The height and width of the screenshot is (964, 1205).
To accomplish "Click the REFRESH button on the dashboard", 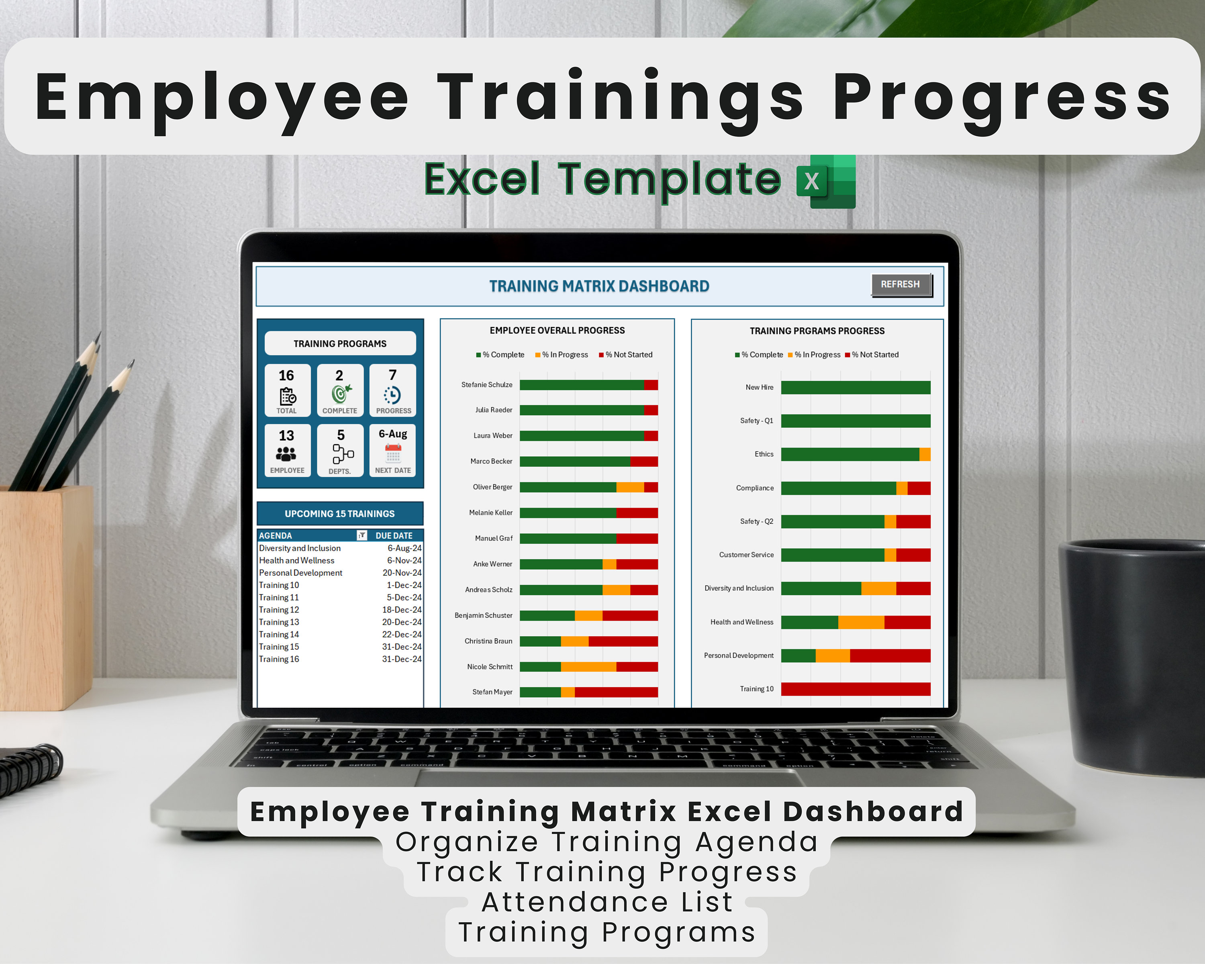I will [901, 284].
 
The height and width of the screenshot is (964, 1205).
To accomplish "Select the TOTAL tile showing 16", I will [287, 390].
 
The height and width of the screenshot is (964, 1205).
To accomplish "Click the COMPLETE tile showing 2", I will [340, 390].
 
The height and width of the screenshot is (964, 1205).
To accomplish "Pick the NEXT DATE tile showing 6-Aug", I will [392, 450].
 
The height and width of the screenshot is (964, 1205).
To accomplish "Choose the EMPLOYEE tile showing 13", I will [287, 450].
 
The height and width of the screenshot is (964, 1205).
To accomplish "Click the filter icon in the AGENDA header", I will [361, 535].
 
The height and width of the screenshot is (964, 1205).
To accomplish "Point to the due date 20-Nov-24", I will [402, 573].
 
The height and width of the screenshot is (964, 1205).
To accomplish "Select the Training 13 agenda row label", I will [279, 622].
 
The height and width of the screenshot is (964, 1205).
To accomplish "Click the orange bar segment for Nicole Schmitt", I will [588, 667].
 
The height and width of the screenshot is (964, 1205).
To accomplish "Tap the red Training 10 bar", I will [855, 689].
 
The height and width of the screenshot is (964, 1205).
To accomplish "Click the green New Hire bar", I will [855, 387].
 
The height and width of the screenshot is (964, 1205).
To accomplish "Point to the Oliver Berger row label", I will [492, 487].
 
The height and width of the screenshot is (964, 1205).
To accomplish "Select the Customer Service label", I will [746, 555].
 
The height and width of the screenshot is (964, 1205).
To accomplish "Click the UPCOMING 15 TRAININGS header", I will [340, 514].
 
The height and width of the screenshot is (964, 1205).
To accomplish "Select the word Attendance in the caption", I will [574, 902].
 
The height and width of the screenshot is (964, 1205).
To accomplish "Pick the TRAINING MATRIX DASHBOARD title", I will [599, 286].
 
